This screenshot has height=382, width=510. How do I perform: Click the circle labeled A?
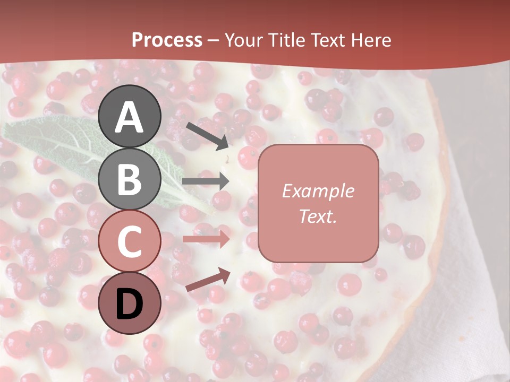point(130,116)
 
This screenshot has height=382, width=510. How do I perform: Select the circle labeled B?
point(130,179)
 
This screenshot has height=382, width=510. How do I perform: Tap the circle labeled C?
point(130,241)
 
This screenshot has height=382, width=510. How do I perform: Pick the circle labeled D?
point(130,303)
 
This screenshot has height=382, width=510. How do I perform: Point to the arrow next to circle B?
point(206,181)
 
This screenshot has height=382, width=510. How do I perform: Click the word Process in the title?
point(167,40)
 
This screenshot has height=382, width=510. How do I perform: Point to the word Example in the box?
point(318,191)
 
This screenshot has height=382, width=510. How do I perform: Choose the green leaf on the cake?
point(64,143)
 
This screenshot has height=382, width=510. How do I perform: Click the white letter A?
point(130,117)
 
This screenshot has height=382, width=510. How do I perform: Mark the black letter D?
point(130,303)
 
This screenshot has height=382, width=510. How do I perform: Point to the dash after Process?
point(214,41)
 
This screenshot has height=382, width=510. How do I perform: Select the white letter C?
point(130,241)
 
